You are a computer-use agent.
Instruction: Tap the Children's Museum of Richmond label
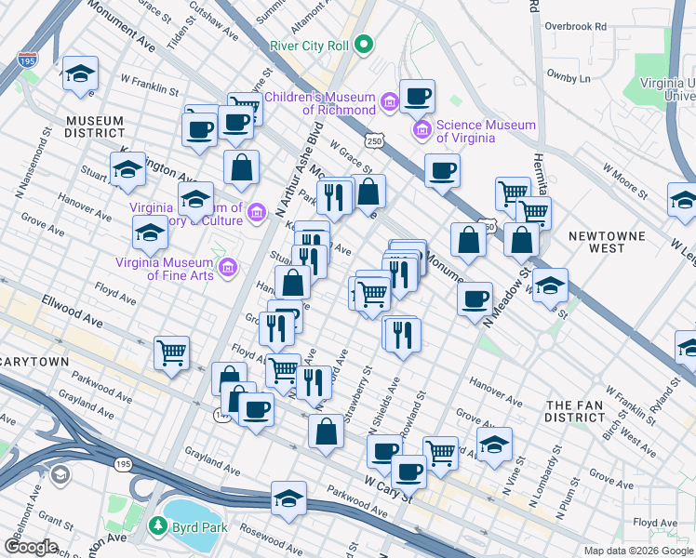319,103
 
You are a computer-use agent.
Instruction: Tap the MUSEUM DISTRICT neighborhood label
95,127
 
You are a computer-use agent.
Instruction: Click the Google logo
32,546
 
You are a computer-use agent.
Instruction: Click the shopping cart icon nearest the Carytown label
171,353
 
